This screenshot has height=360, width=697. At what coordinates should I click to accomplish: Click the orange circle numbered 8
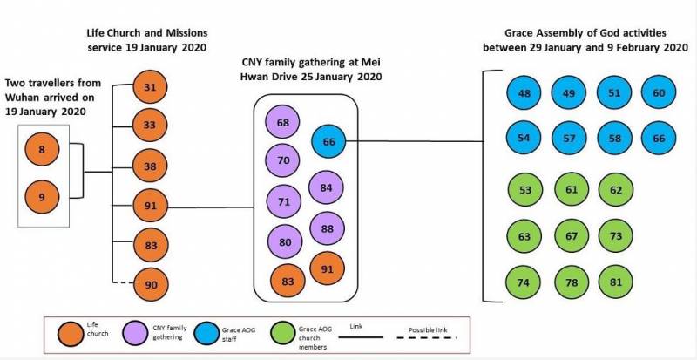click(42, 151)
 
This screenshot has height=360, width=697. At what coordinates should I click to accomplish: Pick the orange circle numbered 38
click(150, 166)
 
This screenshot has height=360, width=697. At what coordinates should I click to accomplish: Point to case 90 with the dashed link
click(150, 284)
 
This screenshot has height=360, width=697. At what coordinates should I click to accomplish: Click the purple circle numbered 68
click(282, 123)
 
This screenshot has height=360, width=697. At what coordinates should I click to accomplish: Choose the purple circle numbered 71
click(282, 200)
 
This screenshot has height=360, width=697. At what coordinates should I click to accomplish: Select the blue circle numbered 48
click(524, 93)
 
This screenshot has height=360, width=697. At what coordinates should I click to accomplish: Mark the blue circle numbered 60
click(659, 93)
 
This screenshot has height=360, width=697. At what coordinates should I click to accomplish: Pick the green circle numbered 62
click(615, 189)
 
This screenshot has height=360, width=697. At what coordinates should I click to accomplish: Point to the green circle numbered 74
click(524, 284)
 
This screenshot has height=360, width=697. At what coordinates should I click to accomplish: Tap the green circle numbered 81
click(615, 284)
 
